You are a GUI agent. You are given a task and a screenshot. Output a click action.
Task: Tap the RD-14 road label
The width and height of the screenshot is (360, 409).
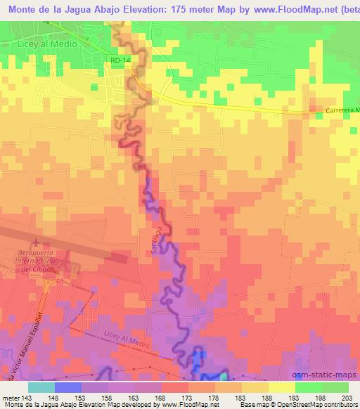120,61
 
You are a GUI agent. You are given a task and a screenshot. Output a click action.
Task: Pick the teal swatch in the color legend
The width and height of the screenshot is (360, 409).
41,387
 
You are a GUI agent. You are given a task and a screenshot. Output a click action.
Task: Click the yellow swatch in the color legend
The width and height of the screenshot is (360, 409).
281,387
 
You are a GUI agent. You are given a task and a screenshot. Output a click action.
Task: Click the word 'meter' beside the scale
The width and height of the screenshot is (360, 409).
11,396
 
